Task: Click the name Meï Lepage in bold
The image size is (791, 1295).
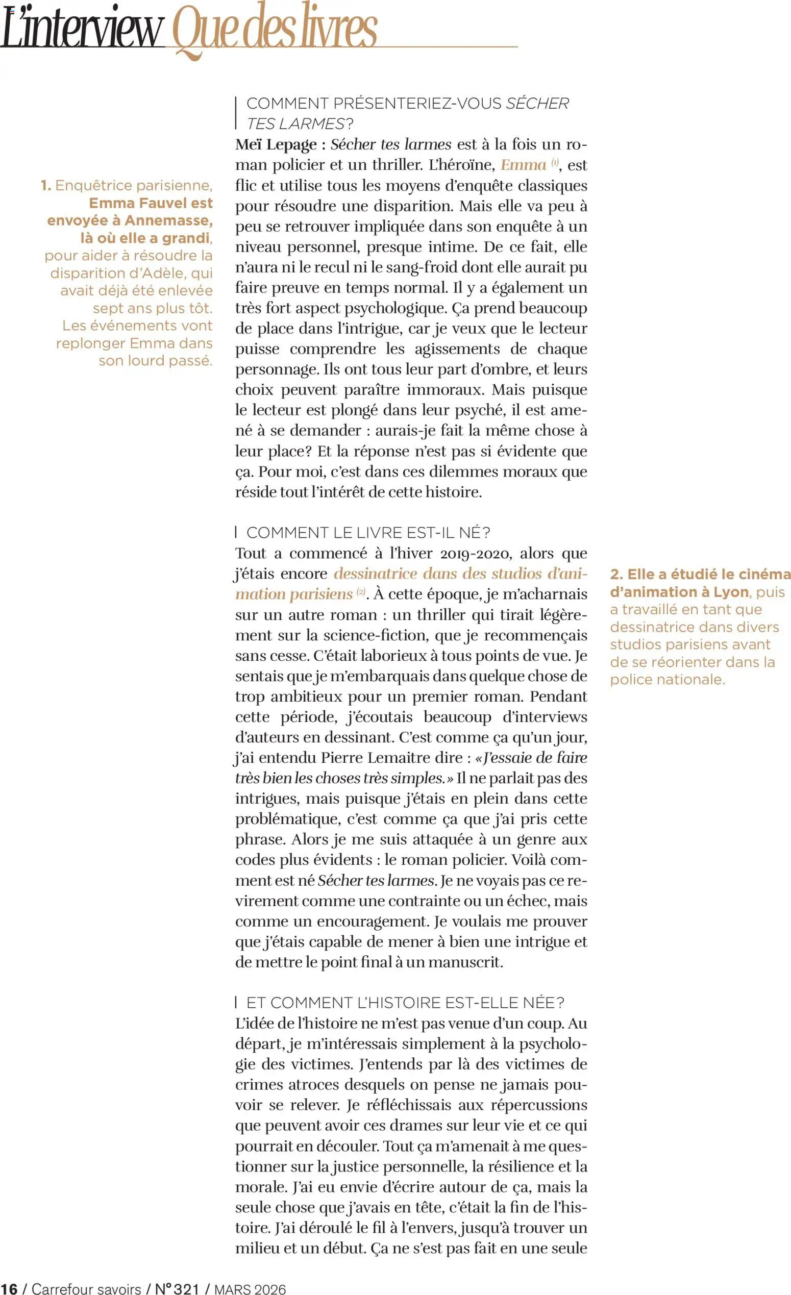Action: (x=276, y=144)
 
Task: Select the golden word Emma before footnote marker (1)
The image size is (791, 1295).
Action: (x=523, y=165)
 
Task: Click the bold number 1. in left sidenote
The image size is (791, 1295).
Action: (x=46, y=186)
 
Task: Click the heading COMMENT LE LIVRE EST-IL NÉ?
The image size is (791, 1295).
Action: (x=368, y=532)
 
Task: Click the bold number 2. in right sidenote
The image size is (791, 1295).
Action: (x=616, y=575)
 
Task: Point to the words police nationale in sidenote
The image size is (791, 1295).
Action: (x=667, y=680)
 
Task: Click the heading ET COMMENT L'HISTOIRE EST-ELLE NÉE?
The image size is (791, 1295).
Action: (x=405, y=1003)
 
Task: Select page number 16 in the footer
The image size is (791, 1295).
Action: (x=9, y=1289)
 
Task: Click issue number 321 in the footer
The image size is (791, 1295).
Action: (x=186, y=1289)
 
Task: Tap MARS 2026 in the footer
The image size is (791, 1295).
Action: (x=250, y=1289)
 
